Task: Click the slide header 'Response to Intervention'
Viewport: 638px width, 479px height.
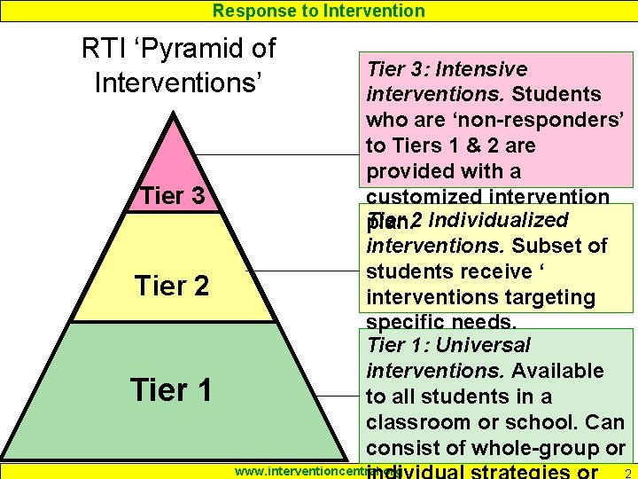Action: point(319,11)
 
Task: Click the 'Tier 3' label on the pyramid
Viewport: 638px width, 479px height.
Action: point(173,196)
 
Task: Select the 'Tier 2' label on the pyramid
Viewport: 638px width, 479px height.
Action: point(171,286)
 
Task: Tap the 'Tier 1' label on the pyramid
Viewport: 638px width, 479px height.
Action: point(171,389)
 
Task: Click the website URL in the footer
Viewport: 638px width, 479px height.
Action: point(306,470)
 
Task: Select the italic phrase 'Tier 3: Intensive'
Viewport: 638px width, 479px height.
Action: point(447,69)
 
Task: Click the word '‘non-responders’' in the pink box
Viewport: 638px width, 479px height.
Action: point(547,120)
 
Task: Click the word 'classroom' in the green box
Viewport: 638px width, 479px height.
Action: point(421,421)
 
